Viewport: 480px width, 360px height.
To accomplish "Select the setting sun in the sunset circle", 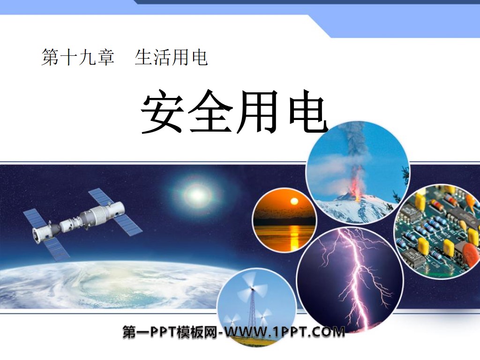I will tap(294, 202).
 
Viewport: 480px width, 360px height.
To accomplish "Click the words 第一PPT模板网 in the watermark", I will tap(171, 333).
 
